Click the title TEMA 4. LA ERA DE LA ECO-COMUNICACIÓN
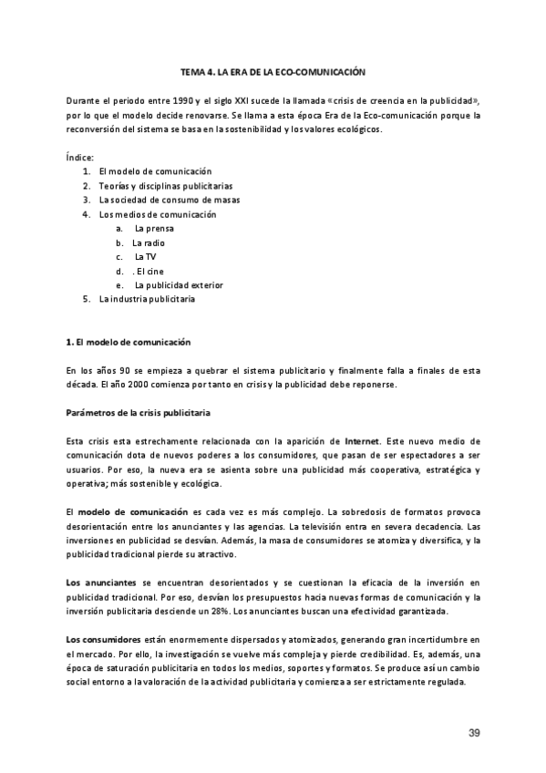[x=273, y=71]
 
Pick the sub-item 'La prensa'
[x=153, y=228]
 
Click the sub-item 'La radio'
[x=149, y=242]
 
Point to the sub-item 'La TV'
[x=145, y=256]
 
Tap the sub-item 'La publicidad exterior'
[x=178, y=284]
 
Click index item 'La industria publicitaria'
[x=147, y=299]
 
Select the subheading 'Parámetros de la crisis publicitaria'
[x=139, y=412]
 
